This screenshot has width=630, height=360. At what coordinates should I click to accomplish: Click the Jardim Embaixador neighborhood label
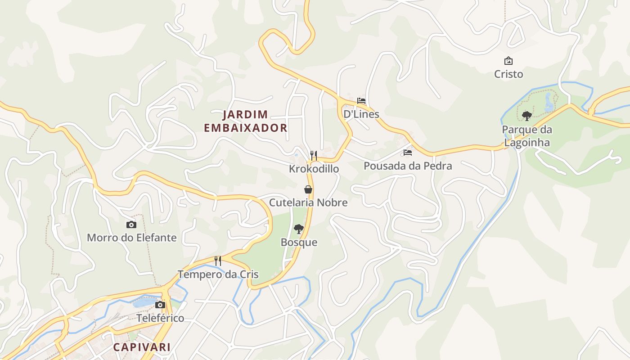(246, 121)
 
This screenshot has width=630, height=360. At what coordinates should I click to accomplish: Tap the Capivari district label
(142, 347)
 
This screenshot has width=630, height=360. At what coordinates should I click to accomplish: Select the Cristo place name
(508, 74)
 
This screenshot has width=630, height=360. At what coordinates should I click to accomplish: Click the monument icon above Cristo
(508, 61)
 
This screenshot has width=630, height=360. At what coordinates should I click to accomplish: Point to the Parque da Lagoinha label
(526, 136)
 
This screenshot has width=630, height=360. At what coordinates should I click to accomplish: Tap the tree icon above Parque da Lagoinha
(526, 116)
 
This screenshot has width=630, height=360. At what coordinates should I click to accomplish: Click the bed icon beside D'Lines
(361, 101)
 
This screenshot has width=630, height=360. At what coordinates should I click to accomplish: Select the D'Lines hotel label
(361, 114)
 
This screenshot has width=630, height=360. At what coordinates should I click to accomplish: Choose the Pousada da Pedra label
(408, 166)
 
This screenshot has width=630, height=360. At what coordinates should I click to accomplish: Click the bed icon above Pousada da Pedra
(408, 153)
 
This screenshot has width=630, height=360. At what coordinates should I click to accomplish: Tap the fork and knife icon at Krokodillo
(314, 156)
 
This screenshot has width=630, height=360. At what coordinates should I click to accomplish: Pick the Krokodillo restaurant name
(314, 169)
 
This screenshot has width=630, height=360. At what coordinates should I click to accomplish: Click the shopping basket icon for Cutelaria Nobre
(308, 189)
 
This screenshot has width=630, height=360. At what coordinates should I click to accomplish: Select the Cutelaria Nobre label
(308, 202)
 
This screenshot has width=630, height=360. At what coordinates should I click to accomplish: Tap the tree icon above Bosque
(298, 229)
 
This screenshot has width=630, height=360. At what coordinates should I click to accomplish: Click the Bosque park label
(299, 242)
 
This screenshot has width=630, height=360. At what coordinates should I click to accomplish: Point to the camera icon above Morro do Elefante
(131, 225)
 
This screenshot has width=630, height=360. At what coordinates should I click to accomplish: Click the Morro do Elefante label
(131, 238)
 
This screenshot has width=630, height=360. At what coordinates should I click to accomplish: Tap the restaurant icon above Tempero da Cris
(218, 261)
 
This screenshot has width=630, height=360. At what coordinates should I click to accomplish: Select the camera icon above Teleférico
(160, 305)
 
